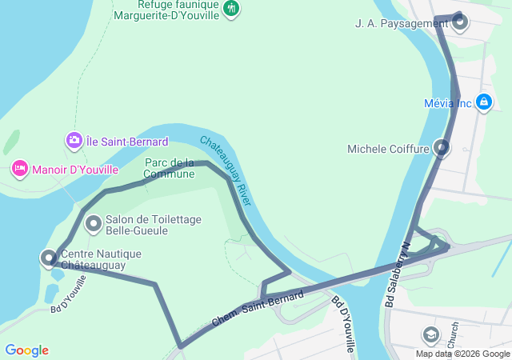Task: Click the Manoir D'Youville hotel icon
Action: pyautogui.click(x=18, y=169)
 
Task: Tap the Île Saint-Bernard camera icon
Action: pyautogui.click(x=74, y=141)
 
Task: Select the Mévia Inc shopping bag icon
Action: pyautogui.click(x=483, y=102)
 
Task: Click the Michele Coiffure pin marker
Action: pyautogui.click(x=442, y=147)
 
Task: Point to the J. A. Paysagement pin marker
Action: pyautogui.click(x=461, y=22)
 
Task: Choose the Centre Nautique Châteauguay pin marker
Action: pyautogui.click(x=50, y=257)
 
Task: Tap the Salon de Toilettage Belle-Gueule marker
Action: pyautogui.click(x=93, y=223)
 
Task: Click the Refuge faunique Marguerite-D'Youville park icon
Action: pyautogui.click(x=231, y=9)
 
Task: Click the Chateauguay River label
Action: pyautogui.click(x=226, y=169)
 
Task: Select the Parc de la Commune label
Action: pyautogui.click(x=170, y=168)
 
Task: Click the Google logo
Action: pyautogui.click(x=26, y=350)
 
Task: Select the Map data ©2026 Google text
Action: pyautogui.click(x=462, y=354)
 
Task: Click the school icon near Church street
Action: pyautogui.click(x=432, y=334)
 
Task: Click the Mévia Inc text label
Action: pyautogui.click(x=448, y=103)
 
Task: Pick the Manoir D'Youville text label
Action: pyautogui.click(x=74, y=169)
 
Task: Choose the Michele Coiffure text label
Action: pyautogui.click(x=390, y=149)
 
